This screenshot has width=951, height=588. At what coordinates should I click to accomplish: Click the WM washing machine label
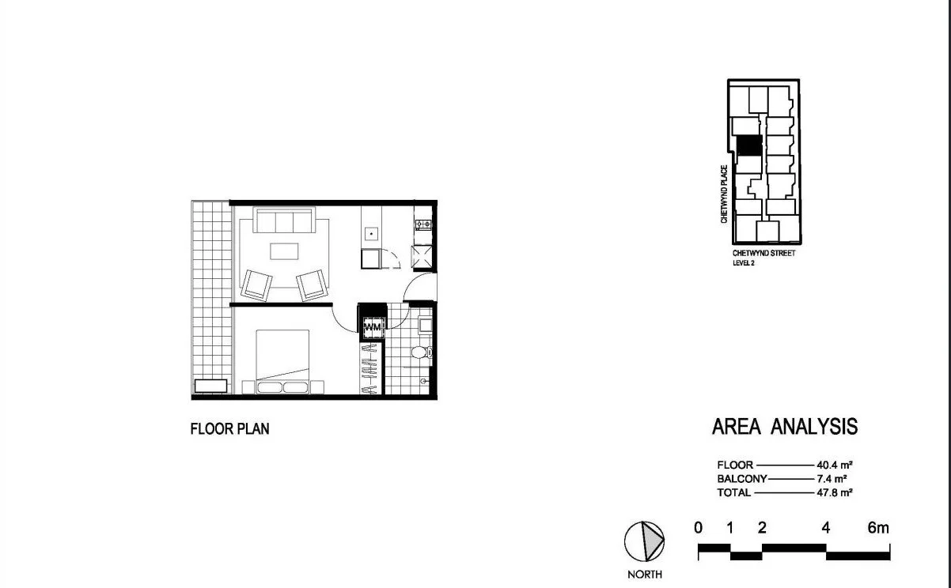tap(372, 326)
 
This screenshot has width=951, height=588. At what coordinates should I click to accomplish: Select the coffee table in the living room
tap(285, 251)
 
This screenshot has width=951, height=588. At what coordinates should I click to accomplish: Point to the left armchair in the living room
tap(257, 285)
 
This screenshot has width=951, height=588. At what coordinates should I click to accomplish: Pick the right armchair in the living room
tap(312, 285)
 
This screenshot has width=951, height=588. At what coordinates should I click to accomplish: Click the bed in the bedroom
tap(281, 360)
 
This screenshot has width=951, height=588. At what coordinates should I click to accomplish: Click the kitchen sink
tap(371, 235)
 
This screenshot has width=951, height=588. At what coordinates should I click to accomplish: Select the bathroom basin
tap(425, 324)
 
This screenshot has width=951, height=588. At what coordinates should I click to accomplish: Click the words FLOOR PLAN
tap(229, 429)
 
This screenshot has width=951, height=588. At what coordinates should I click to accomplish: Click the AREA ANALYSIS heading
tap(784, 427)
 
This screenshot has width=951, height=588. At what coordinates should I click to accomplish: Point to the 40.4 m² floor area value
tap(834, 465)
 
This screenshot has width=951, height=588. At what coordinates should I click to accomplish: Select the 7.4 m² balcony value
tap(834, 479)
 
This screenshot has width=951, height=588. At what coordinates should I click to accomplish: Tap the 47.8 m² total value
tap(834, 492)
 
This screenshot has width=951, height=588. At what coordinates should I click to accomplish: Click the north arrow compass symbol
tap(644, 542)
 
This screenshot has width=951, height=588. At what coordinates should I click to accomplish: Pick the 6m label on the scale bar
tap(877, 528)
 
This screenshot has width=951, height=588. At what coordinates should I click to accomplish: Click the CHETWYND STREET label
tap(763, 254)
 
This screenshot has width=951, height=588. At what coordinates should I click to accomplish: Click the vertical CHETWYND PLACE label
tap(724, 194)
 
